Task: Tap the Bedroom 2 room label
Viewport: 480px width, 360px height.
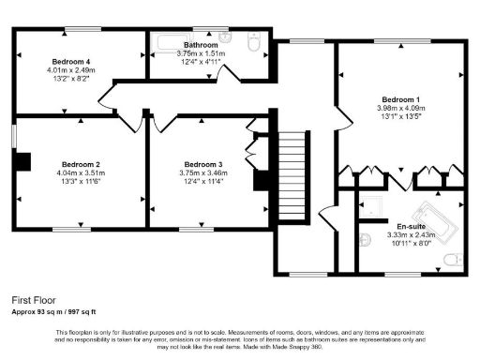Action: pos(81,163)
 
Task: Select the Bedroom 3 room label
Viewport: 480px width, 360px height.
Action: pos(202,163)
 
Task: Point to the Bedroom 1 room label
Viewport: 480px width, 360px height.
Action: pos(400,98)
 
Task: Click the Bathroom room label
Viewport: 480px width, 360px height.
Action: pos(202,45)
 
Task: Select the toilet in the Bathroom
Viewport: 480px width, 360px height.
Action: pos(253,43)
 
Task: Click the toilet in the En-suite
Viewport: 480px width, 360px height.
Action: pos(454,258)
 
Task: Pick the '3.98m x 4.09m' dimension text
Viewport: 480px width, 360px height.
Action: pos(400,109)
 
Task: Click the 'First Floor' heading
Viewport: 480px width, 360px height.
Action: pos(33,300)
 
